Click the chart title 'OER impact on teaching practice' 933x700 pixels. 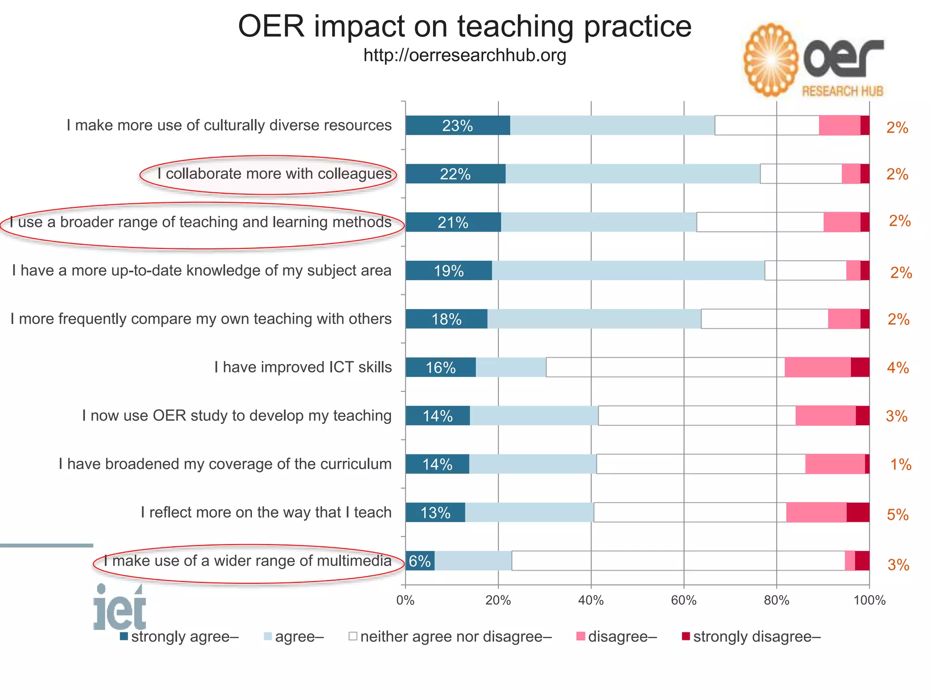[x=465, y=26]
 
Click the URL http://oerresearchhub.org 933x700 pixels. [x=465, y=56]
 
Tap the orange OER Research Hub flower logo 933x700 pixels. [x=771, y=60]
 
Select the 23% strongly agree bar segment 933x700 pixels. [x=457, y=126]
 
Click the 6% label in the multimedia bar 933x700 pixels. [x=420, y=561]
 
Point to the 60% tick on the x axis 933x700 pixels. [x=683, y=601]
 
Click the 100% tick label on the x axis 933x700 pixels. [x=869, y=601]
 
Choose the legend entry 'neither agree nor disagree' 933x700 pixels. [x=456, y=637]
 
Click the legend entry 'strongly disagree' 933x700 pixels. [x=756, y=637]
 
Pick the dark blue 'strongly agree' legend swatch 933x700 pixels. [x=124, y=636]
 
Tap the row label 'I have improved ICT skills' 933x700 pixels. [x=303, y=367]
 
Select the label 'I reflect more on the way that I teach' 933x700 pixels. [x=266, y=512]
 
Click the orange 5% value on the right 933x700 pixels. [x=897, y=515]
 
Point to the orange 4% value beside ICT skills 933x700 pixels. [x=897, y=368]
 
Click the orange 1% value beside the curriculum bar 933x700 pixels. [x=901, y=464]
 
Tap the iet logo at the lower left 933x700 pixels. [x=120, y=607]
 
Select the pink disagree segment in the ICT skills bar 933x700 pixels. [x=817, y=367]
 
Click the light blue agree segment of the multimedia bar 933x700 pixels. [x=473, y=561]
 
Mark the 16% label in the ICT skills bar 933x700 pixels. [x=441, y=368]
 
